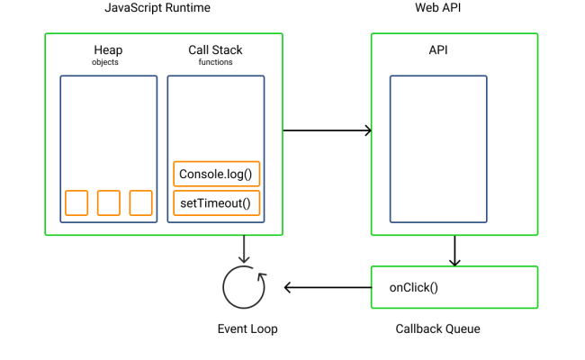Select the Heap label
(x=108, y=49)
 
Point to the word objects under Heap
(x=105, y=63)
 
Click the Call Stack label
(x=215, y=49)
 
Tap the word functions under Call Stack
(x=215, y=63)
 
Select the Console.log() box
(x=215, y=174)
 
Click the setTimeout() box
(x=215, y=203)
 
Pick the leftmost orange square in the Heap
(x=76, y=203)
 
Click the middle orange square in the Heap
(x=109, y=203)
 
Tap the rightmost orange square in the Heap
(x=140, y=203)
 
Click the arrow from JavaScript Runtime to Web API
(x=327, y=130)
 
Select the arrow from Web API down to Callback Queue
(x=454, y=250)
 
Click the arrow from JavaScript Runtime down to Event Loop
(x=244, y=248)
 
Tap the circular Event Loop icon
(x=245, y=287)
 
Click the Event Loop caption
(x=247, y=328)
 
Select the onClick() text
(x=412, y=288)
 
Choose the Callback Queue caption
(x=438, y=328)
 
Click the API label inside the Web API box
(x=438, y=50)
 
